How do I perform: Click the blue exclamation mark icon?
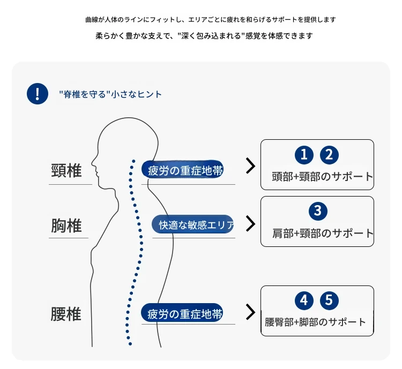coord(38,94)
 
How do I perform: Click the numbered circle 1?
coord(304,155)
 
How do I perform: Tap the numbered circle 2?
coord(329,155)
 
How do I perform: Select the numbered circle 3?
coord(318,211)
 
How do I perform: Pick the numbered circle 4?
coord(304,300)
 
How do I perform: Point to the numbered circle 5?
coord(329,300)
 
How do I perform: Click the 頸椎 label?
coord(66,171)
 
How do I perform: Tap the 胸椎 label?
coord(66,225)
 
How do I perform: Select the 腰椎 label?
coord(66,314)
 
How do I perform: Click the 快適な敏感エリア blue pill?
coord(193,224)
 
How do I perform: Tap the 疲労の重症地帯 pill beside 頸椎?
coord(182,170)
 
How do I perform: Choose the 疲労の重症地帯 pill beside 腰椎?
coord(182,313)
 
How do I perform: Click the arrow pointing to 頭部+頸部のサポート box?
coord(251,166)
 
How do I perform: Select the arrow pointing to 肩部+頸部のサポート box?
coord(251,224)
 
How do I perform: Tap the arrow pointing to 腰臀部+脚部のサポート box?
coord(251,312)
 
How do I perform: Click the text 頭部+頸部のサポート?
coord(322,177)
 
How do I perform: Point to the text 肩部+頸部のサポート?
coord(323,234)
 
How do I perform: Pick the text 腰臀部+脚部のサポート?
coord(315,322)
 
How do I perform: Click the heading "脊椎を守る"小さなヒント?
coord(110,94)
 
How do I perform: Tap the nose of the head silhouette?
coord(92,162)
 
